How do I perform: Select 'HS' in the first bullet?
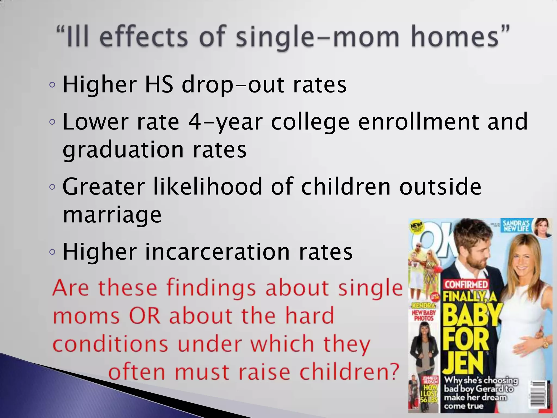pos(159,84)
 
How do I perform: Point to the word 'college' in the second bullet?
pos(310,122)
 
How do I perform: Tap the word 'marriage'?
pos(112,215)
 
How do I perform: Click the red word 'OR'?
pos(144,316)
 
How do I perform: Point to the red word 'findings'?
pos(211,288)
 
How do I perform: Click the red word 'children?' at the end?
pos(349,372)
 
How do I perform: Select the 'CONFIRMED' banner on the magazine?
pos(466,285)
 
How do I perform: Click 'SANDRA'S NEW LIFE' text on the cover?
pos(516,226)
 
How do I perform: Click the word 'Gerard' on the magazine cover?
pos(490,389)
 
